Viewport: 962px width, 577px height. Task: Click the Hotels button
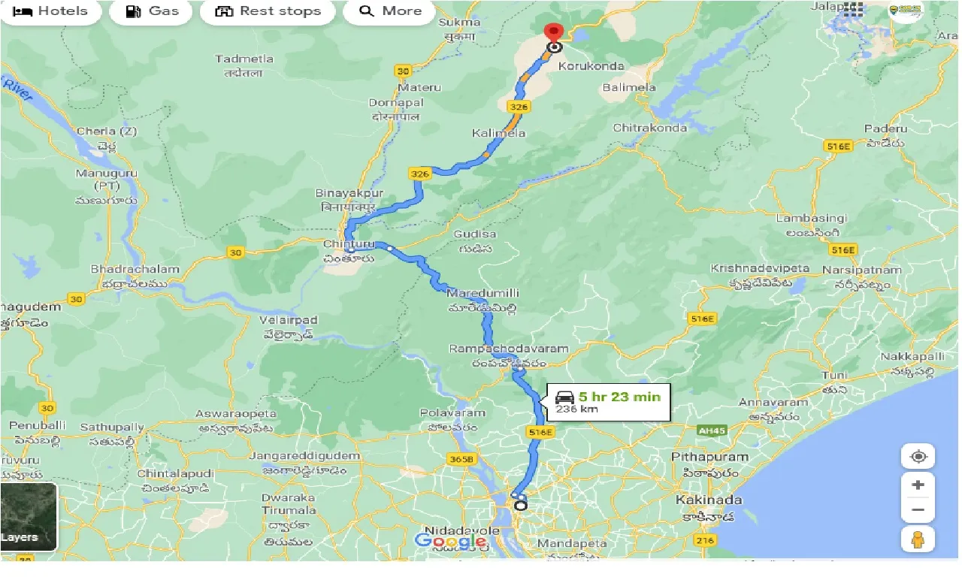coord(50,11)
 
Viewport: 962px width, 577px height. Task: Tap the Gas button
coord(153,11)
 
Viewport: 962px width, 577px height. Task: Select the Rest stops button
coord(268,11)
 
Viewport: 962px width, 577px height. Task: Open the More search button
coord(390,11)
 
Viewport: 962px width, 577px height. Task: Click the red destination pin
coord(555,33)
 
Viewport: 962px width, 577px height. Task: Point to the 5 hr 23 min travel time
coord(619,397)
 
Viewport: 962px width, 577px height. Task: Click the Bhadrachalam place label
coord(135,269)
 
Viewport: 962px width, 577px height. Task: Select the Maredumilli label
coord(483,292)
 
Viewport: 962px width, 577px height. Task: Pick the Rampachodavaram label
coord(509,349)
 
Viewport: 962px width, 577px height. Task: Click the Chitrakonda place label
coord(650,128)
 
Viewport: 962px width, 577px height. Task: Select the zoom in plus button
coord(918,485)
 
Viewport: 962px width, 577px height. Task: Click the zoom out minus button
coord(918,510)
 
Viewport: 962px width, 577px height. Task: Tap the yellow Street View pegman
coord(918,539)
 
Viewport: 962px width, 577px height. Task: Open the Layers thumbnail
coord(29,517)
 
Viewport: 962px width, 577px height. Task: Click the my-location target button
coord(918,457)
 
